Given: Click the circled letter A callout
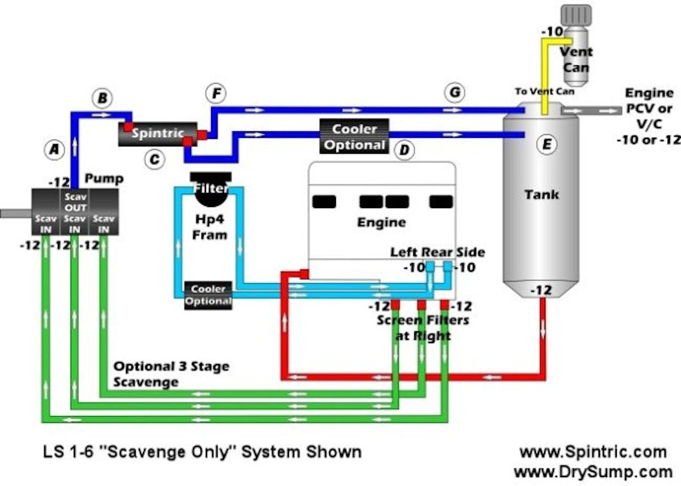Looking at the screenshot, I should click(x=54, y=149).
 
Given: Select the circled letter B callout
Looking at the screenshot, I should click(x=103, y=99).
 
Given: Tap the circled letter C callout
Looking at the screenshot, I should click(x=153, y=160).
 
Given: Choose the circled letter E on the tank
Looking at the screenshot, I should click(x=547, y=145).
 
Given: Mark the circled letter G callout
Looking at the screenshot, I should click(x=455, y=92).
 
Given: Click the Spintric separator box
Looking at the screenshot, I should click(x=157, y=134).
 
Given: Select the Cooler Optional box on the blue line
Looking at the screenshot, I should click(x=354, y=136).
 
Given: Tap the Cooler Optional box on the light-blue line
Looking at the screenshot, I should click(x=208, y=295).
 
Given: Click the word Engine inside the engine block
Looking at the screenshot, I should click(x=381, y=222).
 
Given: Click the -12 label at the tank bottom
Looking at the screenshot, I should click(x=540, y=290).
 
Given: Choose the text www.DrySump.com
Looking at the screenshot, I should click(x=592, y=471).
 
